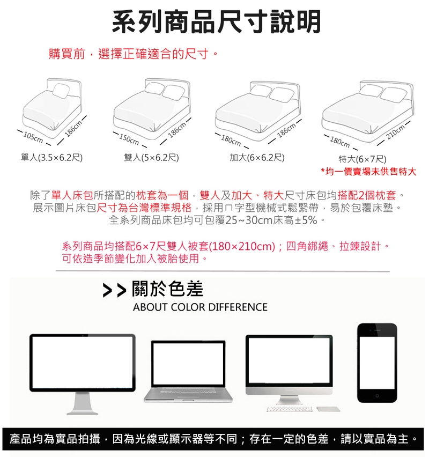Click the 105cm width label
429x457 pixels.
pos(33,137)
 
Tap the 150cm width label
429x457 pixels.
pos(129,139)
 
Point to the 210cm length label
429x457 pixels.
pos(395,132)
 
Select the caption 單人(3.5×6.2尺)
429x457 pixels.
pos(52,158)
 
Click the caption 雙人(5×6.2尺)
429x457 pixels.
pos(151,158)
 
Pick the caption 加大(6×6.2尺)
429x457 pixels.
pos(257,158)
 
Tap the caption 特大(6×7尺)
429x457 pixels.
pos(363,159)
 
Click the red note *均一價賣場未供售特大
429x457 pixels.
pos(368,172)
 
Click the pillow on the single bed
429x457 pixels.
pos(61,91)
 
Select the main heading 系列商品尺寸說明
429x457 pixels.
pos(217,21)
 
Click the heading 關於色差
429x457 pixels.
pos(167,289)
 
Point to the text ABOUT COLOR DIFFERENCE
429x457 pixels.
pos(200,307)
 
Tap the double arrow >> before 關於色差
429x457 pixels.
pos(115,291)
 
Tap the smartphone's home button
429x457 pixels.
pos(377,396)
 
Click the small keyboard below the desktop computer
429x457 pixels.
pos(290,409)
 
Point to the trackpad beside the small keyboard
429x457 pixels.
pos(328,409)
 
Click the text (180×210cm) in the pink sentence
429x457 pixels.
pos(242,247)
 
